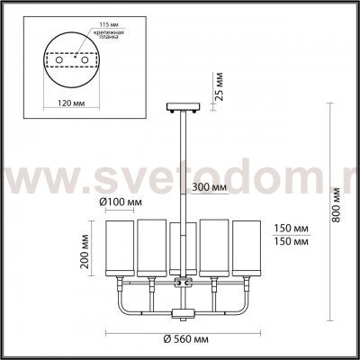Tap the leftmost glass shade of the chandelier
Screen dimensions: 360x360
pos(120,248)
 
